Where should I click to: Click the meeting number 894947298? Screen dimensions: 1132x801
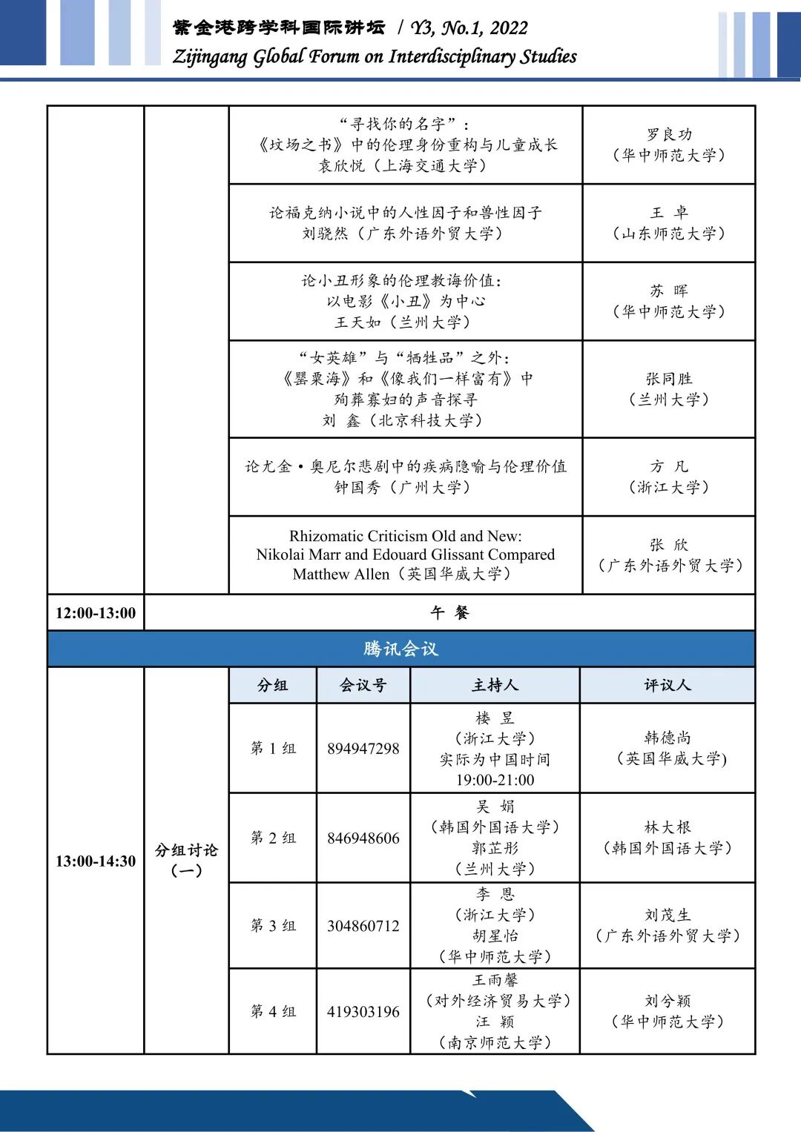coord(363,749)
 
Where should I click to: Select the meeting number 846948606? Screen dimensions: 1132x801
coord(363,838)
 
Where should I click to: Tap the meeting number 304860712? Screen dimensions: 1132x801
coord(363,926)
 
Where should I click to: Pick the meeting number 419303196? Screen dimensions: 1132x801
coord(363,1012)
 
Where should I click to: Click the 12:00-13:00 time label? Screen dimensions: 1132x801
coord(96,613)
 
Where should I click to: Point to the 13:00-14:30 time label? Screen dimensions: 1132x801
coord(96,861)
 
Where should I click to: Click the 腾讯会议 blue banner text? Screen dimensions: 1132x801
coord(400,649)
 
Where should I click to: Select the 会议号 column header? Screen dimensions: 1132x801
coord(363,686)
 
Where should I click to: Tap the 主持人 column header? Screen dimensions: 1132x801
coord(495,686)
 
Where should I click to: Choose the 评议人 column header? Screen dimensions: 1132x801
coord(667,686)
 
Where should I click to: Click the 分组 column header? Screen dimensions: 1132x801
coord(272,686)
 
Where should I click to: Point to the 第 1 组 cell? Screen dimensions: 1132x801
coord(273,749)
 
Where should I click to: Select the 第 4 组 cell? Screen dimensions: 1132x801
coord(273,1012)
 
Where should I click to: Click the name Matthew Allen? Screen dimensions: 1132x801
coord(340,575)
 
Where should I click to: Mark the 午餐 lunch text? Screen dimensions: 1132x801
coord(449,613)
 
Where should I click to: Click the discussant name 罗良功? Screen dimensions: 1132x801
coord(669,135)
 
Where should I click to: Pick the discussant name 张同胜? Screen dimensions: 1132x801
coord(669,379)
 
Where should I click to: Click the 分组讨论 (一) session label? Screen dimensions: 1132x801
coord(186,860)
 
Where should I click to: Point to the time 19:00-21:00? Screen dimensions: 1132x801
coord(495,780)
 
